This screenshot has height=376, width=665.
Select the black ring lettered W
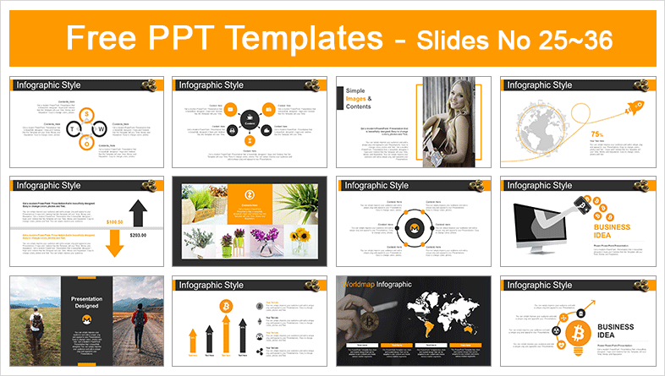click(100, 128)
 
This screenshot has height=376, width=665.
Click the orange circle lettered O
click(85, 143)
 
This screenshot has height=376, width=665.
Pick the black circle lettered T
click(71, 128)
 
